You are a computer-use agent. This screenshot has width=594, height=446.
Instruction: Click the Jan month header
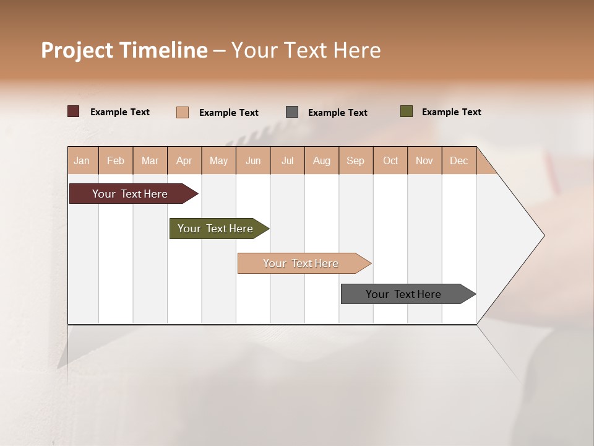(82, 160)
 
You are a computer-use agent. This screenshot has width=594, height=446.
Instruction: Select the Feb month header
(116, 160)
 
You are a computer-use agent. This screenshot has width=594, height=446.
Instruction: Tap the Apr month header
(184, 160)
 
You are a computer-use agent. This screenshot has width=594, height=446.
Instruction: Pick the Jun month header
(253, 160)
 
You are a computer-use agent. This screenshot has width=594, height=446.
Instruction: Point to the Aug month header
(321, 160)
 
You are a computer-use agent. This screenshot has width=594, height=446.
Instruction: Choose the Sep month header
(355, 160)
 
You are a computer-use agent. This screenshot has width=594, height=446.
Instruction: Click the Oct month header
(390, 160)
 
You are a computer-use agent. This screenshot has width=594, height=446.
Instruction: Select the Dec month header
(458, 160)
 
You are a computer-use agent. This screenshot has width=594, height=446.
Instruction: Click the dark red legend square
(74, 111)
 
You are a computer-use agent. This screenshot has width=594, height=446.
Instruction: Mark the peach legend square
(183, 112)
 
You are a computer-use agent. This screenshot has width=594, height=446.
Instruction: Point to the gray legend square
(292, 112)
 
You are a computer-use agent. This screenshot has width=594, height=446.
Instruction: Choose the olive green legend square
(407, 111)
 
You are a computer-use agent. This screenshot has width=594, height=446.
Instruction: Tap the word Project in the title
(77, 50)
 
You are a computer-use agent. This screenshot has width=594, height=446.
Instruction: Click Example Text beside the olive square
(451, 112)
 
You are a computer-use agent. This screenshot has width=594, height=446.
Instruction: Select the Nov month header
(424, 160)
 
